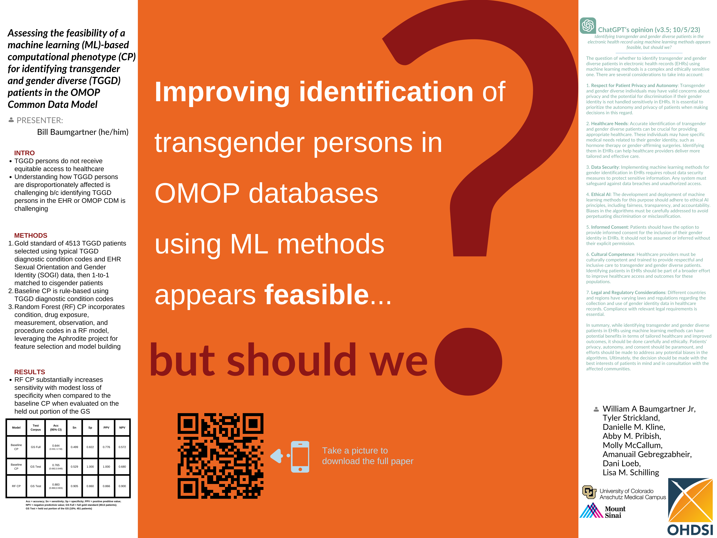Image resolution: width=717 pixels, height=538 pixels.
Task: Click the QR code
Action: [220, 456]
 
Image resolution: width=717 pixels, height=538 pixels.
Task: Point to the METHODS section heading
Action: [31, 235]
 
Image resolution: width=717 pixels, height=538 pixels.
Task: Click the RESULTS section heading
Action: [30, 372]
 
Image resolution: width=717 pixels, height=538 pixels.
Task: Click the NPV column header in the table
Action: [122, 427]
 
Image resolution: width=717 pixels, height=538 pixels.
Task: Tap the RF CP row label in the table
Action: [16, 486]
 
